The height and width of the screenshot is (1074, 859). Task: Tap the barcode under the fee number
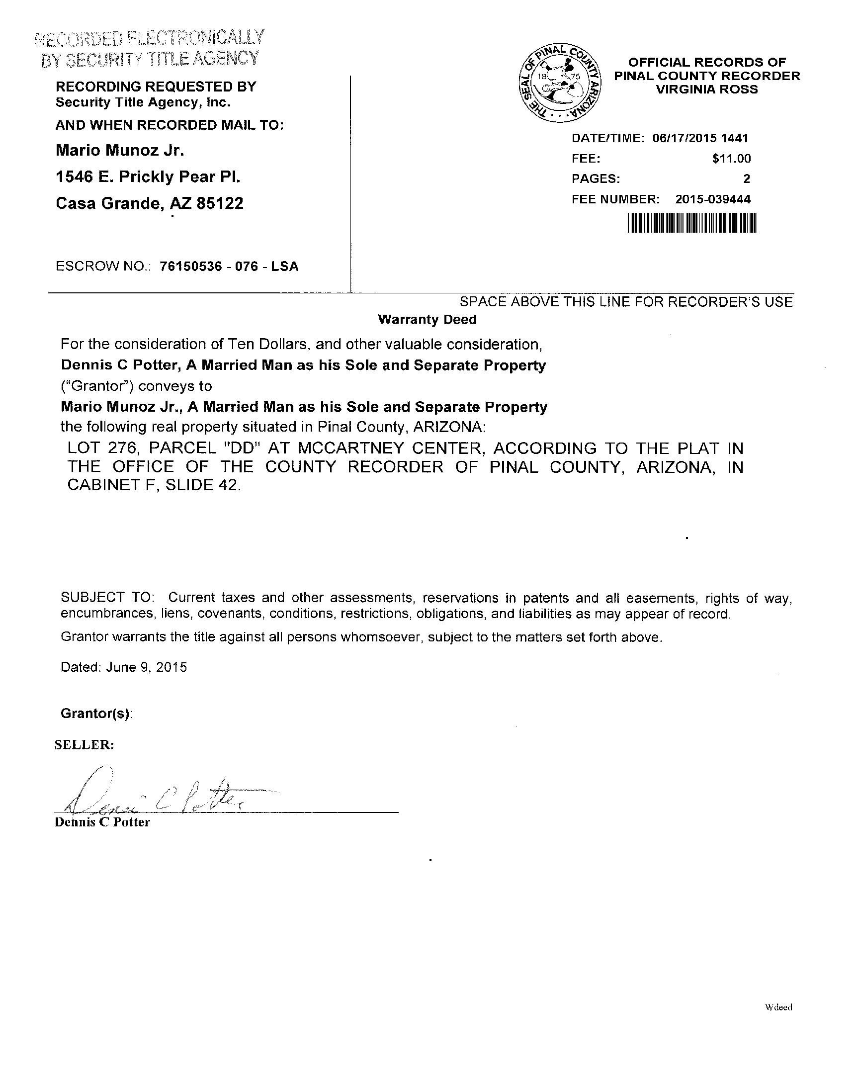coord(692,223)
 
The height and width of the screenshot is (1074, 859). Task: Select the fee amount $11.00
coord(731,159)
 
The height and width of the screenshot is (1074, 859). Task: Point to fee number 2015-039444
coord(712,199)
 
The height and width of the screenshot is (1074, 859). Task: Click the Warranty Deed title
coord(427,320)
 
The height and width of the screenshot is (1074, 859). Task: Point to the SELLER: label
coord(84,745)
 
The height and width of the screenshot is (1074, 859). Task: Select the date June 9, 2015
coord(147,667)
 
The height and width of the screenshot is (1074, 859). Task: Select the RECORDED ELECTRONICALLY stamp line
coord(150,38)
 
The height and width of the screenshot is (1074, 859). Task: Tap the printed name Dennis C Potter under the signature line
coord(102,822)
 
